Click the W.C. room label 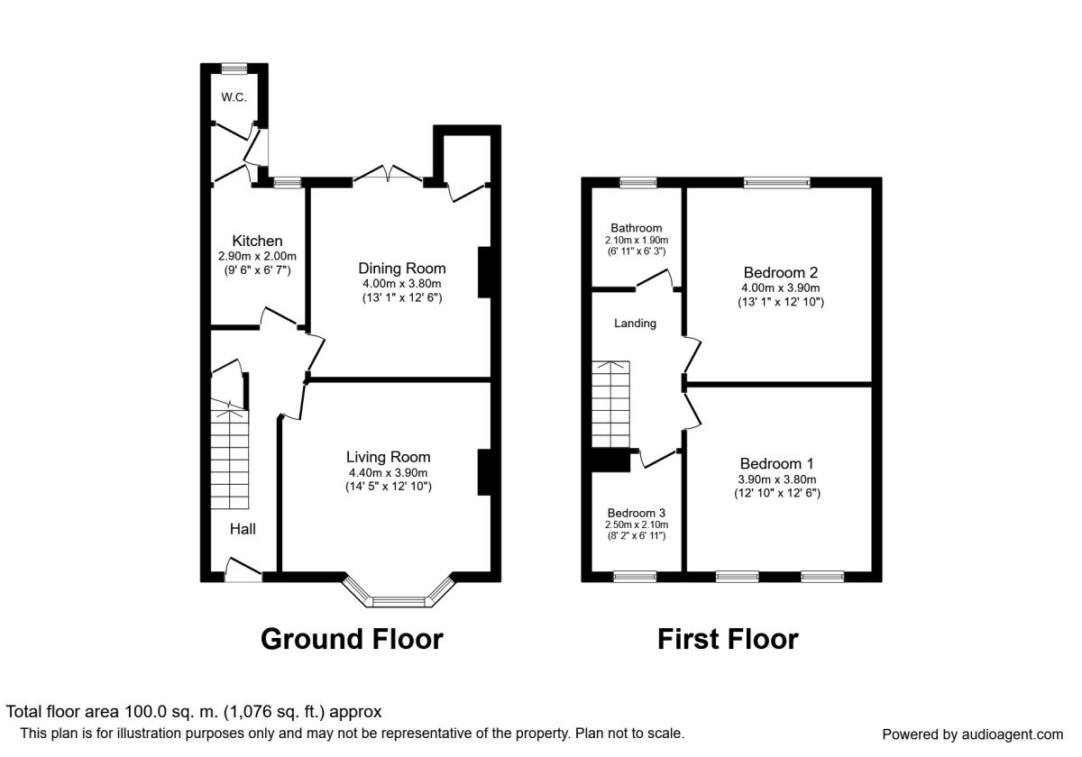[234, 97]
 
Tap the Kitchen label [257, 241]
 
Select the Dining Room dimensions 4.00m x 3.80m [402, 284]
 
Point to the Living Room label [388, 457]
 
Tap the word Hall [243, 529]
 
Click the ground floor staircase [229, 453]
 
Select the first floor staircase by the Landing [610, 404]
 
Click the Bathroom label [637, 228]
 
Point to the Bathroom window [638, 182]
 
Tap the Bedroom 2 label [781, 272]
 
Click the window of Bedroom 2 [776, 182]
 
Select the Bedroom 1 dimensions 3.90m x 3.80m [776, 479]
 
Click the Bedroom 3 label [637, 513]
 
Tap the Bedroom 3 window [635, 577]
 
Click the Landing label [635, 323]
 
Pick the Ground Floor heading [352, 639]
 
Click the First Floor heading [728, 639]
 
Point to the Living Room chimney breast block [484, 472]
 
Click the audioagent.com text [1013, 734]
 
